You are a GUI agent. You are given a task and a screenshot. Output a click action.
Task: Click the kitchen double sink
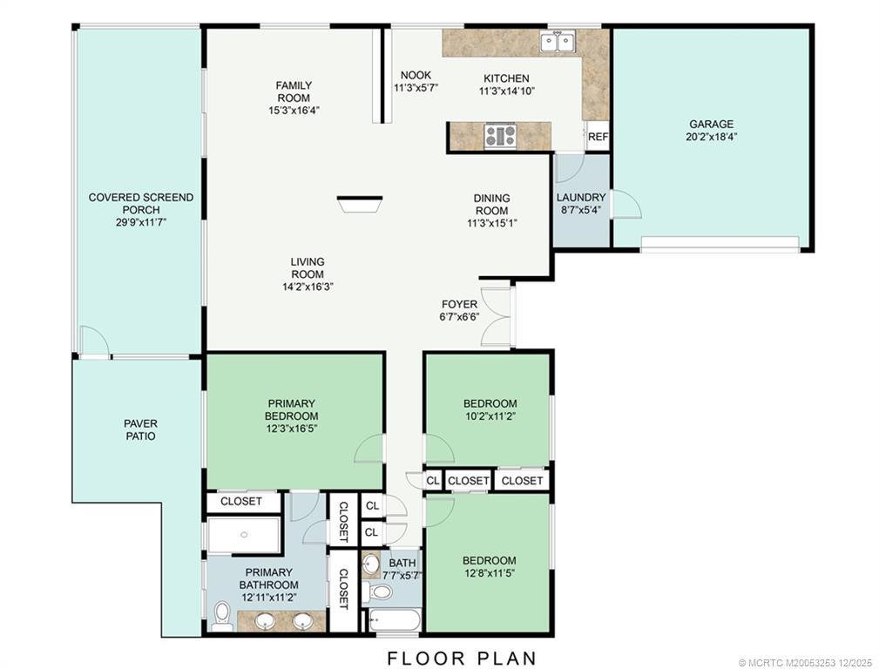click(558, 42)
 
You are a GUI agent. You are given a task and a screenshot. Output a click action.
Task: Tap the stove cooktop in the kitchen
click(501, 136)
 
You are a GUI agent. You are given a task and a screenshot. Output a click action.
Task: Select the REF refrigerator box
click(598, 136)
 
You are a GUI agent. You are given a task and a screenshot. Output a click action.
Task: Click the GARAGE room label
click(711, 124)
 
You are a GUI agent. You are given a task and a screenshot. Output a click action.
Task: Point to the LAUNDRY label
click(581, 198)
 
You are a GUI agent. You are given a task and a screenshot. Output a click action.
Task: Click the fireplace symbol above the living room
click(359, 204)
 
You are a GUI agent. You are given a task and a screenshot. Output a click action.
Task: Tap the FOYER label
click(459, 304)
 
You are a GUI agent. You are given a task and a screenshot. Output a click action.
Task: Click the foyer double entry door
click(497, 317)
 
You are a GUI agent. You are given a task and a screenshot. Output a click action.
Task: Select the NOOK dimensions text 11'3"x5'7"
click(416, 87)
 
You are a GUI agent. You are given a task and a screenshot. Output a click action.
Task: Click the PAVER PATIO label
click(141, 429)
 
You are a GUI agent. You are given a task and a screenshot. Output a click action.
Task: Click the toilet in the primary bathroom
click(222, 617)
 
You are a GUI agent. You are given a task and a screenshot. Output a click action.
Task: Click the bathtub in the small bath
click(394, 620)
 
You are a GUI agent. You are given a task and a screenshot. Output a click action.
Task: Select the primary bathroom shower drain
click(244, 535)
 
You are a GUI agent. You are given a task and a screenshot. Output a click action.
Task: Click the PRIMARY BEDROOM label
click(292, 409)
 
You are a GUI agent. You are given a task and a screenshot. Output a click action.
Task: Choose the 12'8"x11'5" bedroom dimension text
click(488, 572)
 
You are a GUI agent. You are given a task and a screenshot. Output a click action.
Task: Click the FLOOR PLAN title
click(462, 658)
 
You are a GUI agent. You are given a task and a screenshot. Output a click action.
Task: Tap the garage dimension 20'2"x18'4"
click(711, 136)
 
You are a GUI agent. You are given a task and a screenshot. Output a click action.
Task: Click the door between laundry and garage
click(626, 204)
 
